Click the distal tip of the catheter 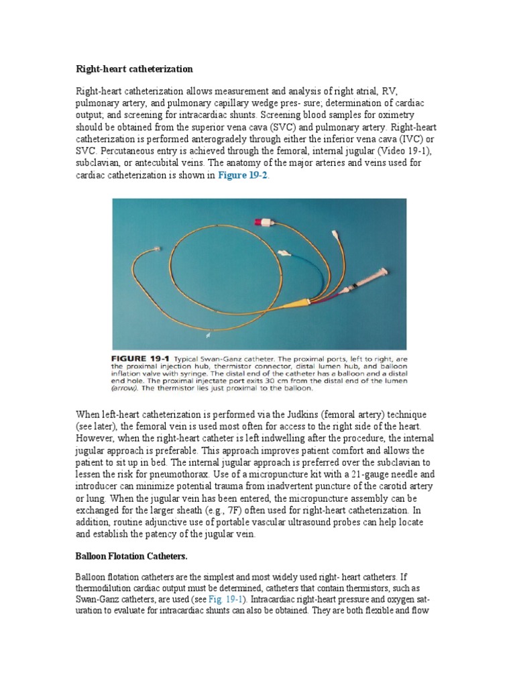(x=156, y=249)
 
